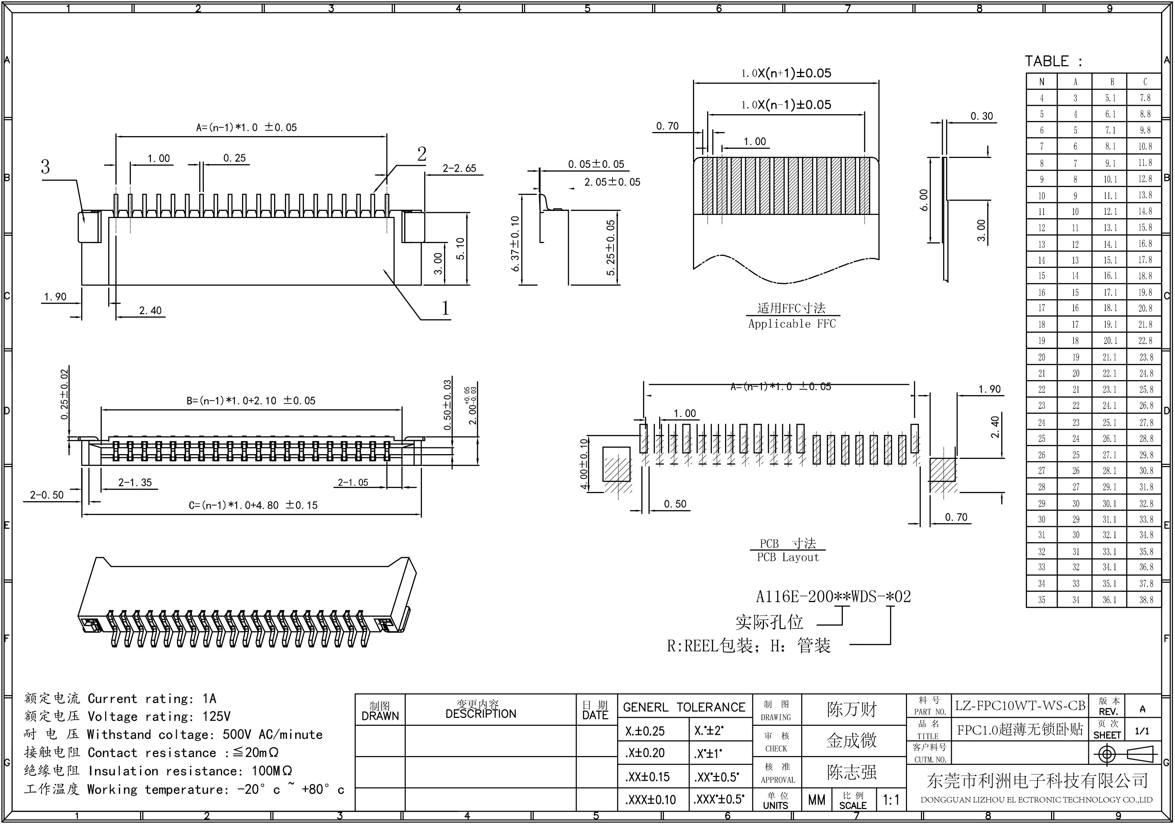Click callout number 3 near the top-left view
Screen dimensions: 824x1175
45,167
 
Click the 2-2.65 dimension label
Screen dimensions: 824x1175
459,168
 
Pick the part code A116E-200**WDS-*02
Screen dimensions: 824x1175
833,596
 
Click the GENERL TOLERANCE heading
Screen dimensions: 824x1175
684,707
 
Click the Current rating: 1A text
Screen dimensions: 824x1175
152,699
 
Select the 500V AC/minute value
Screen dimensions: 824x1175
272,735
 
